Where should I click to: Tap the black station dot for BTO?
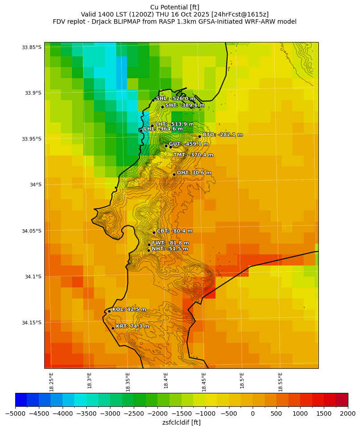[x=199, y=136]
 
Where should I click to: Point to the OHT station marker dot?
[x=174, y=174]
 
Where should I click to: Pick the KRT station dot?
[x=113, y=328]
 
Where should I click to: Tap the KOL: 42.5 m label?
[x=129, y=309]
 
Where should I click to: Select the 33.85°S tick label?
[x=31, y=47]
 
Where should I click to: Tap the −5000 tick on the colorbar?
[x=15, y=413]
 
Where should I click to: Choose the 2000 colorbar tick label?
[x=348, y=413]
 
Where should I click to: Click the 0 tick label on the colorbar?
[x=253, y=413]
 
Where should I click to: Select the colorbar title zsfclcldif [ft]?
[x=181, y=422]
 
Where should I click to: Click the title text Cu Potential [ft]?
[x=175, y=7]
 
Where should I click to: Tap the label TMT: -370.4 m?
[x=193, y=155]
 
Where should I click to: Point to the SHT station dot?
[x=162, y=107]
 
